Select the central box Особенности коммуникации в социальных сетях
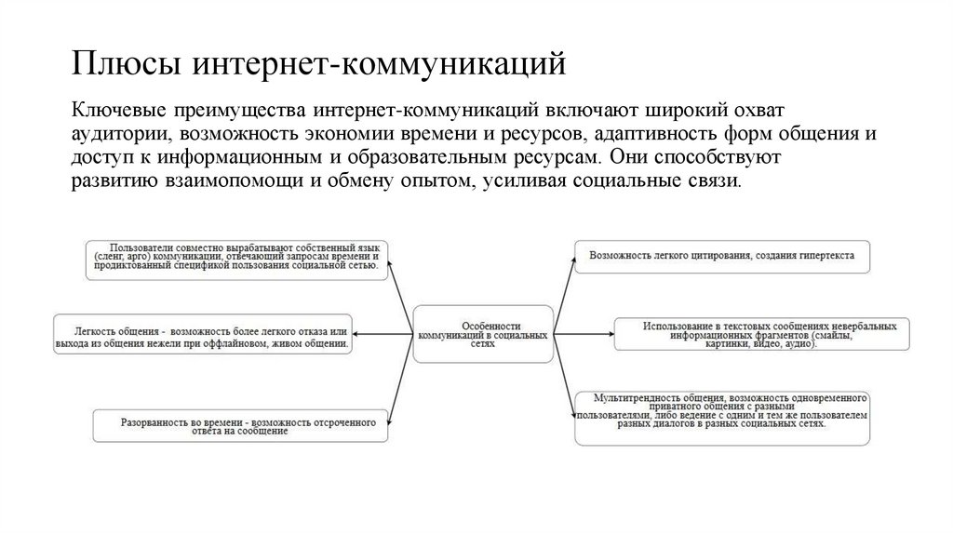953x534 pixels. (x=482, y=333)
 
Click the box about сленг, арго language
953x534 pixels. (x=238, y=257)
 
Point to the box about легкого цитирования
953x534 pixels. (x=722, y=255)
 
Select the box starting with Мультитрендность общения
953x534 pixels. (x=722, y=416)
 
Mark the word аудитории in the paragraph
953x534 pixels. (x=111, y=133)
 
